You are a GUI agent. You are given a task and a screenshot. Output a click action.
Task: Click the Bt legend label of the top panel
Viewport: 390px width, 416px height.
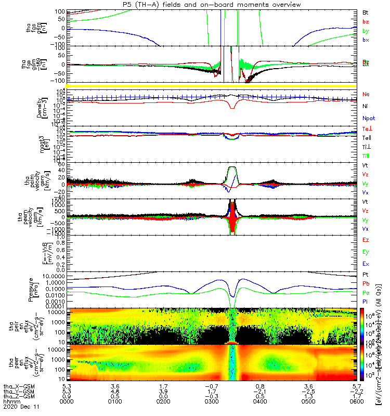point(366,11)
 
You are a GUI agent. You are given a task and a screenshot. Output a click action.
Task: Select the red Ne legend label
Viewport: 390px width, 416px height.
point(366,94)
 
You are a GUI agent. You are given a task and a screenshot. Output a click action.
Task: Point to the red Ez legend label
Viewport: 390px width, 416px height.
point(366,240)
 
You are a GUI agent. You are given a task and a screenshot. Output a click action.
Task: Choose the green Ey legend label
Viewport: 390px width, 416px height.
point(366,252)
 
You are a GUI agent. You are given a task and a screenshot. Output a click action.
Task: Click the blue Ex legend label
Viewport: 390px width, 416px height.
point(366,264)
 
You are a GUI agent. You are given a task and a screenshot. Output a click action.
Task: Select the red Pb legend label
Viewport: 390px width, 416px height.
point(366,283)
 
